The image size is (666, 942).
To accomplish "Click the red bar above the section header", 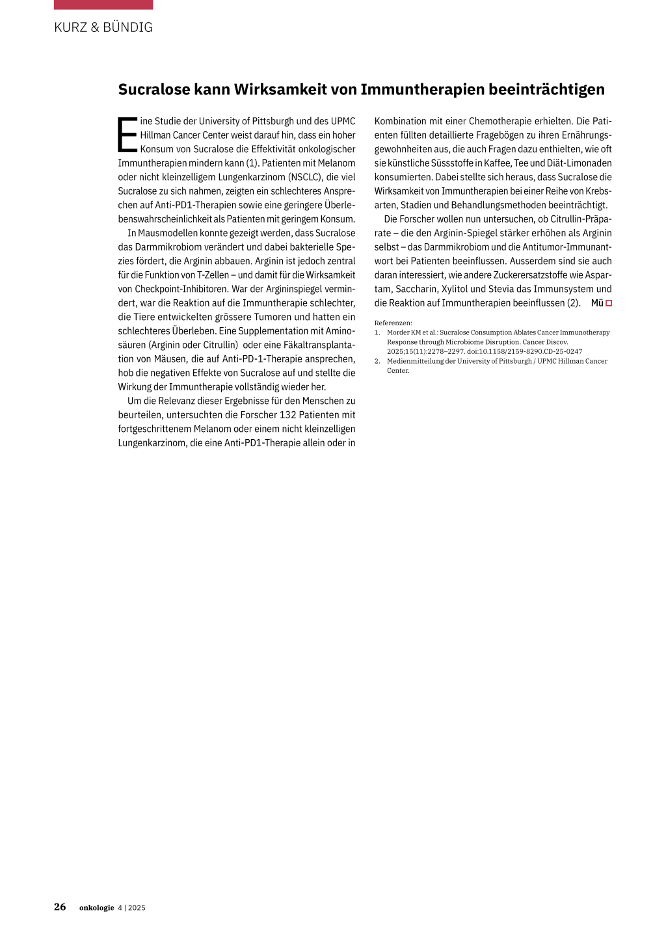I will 103,5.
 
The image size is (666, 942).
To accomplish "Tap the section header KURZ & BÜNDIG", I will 103,27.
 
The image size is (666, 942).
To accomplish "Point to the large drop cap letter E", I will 127,135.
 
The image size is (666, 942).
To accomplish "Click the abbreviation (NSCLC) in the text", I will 305,177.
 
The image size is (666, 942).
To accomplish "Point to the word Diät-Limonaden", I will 579,163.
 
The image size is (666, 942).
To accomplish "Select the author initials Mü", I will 596,303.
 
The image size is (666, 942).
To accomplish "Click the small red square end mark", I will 609,303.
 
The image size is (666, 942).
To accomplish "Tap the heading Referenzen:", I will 393,323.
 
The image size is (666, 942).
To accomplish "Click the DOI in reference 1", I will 524,351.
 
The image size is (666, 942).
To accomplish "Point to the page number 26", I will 60,907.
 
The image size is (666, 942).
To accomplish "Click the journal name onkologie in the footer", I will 96,908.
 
